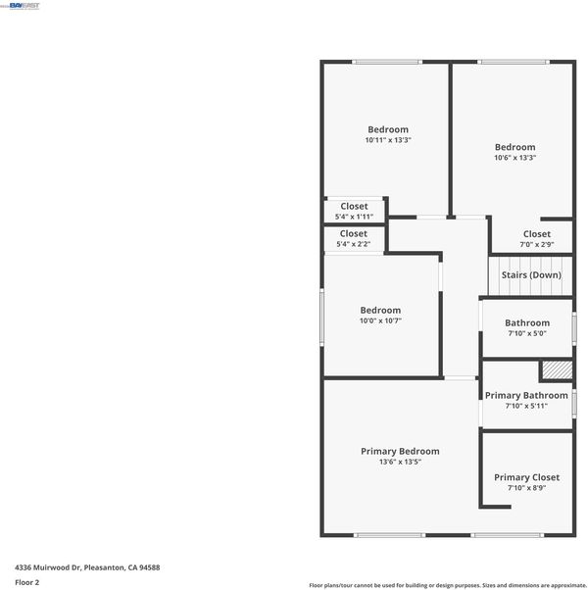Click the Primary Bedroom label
400,451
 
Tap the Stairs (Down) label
531,275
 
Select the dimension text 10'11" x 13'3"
388,140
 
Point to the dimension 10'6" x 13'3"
515,158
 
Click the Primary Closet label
526,477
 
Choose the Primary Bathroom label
526,396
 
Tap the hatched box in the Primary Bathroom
558,370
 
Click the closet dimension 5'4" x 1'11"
354,217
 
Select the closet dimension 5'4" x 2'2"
353,244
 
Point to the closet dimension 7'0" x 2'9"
537,245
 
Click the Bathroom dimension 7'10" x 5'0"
527,333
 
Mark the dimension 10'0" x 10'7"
380,320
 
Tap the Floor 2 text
27,582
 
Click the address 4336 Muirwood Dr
48,567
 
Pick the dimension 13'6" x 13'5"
400,462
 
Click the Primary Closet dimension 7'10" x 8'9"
526,488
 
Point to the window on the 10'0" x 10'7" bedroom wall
321,318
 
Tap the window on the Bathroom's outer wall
574,328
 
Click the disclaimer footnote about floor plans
448,585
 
